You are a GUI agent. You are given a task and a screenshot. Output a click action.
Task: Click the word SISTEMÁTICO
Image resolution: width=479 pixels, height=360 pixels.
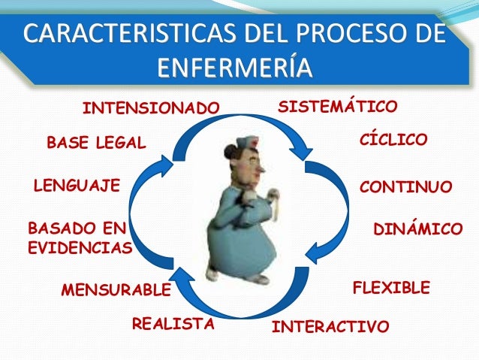pyautogui.click(x=337, y=107)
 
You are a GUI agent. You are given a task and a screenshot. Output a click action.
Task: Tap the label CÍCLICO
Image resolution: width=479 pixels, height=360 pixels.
pyautogui.click(x=394, y=140)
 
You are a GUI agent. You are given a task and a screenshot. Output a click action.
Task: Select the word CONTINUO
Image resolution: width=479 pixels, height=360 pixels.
pyautogui.click(x=406, y=186)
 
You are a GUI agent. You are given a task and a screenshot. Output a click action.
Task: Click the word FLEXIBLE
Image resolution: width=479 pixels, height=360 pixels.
pyautogui.click(x=391, y=288)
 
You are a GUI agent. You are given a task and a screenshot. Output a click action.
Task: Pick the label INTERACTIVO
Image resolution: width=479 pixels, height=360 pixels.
pyautogui.click(x=330, y=327)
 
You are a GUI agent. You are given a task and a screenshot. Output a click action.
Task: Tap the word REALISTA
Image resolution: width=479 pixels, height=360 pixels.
pyautogui.click(x=173, y=324)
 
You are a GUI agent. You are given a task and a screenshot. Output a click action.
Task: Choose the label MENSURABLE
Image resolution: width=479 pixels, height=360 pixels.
pyautogui.click(x=116, y=290)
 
